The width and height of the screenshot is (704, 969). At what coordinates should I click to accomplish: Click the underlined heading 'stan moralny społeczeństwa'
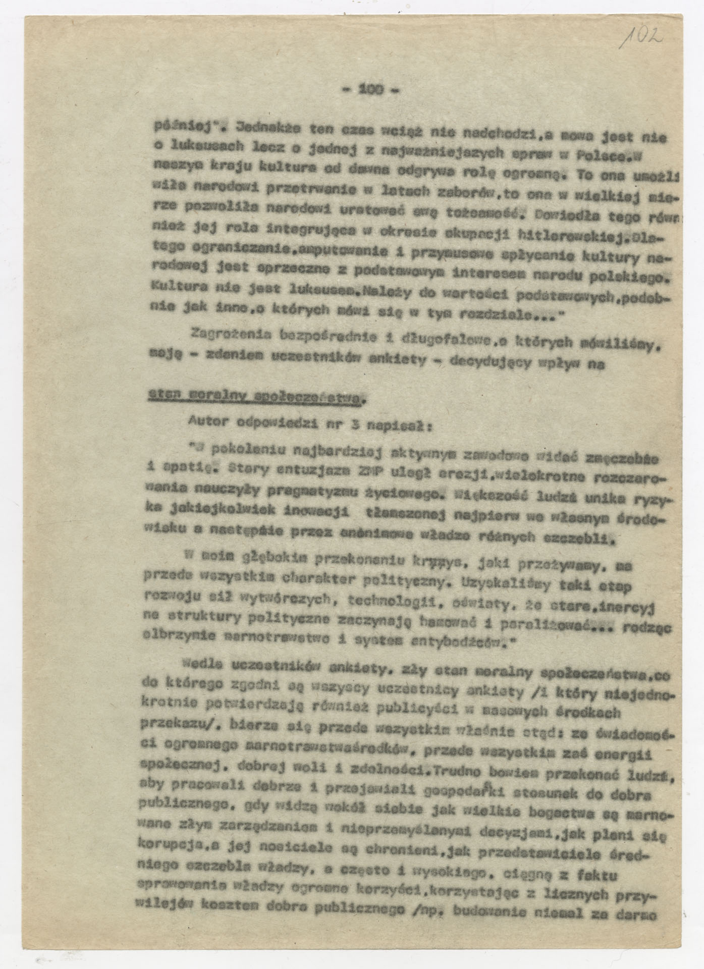[255, 397]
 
